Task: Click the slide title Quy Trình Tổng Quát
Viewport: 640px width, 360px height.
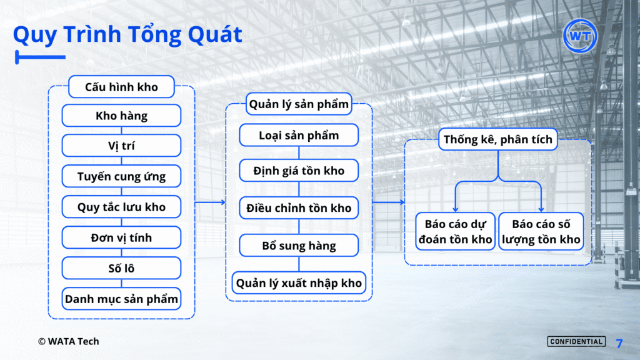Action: coord(127,35)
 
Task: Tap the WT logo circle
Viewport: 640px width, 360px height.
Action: coord(580,36)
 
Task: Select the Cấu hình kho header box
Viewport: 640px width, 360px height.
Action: coord(122,86)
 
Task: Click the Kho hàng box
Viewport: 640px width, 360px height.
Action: coord(122,116)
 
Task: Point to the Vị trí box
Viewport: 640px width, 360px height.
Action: coord(122,146)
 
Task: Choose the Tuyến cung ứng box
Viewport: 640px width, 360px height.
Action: coord(122,176)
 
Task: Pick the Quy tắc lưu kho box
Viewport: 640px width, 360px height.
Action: coord(122,207)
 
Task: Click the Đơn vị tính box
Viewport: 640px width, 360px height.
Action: coord(122,237)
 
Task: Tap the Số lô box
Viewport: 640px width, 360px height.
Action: coord(122,268)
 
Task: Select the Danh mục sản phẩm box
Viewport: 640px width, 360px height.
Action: coord(122,299)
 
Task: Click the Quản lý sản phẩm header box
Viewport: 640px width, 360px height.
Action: coord(299,104)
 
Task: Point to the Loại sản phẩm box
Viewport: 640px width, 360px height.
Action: coord(299,135)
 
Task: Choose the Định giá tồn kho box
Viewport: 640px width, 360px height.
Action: coord(299,171)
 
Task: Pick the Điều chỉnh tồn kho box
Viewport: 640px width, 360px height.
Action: coord(299,207)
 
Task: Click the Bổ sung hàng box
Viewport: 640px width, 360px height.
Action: coord(299,245)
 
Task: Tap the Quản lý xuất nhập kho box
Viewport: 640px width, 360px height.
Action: coord(299,283)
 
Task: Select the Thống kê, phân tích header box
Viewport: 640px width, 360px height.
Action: coord(498,139)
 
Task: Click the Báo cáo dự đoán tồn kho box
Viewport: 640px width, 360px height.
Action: coord(456,231)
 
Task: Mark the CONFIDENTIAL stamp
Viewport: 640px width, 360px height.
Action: coord(576,342)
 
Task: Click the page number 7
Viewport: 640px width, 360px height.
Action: coord(619,343)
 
